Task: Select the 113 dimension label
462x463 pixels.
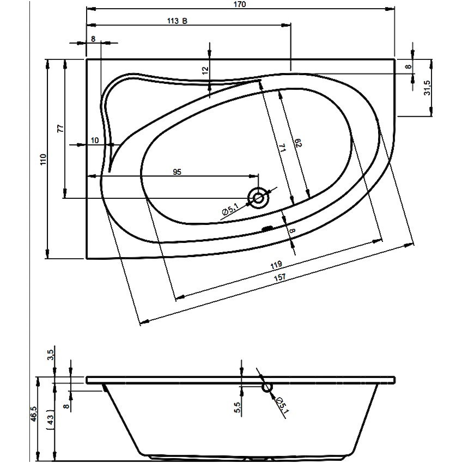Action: click(173, 21)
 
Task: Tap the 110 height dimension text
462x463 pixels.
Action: click(44, 159)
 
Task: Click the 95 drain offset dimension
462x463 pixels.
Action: click(177, 172)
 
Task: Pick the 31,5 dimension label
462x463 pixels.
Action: click(427, 88)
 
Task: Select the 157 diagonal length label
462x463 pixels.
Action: click(280, 277)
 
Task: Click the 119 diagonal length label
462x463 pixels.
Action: click(276, 265)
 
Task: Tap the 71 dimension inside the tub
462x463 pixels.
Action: click(282, 148)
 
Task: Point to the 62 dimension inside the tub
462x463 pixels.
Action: click(299, 143)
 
